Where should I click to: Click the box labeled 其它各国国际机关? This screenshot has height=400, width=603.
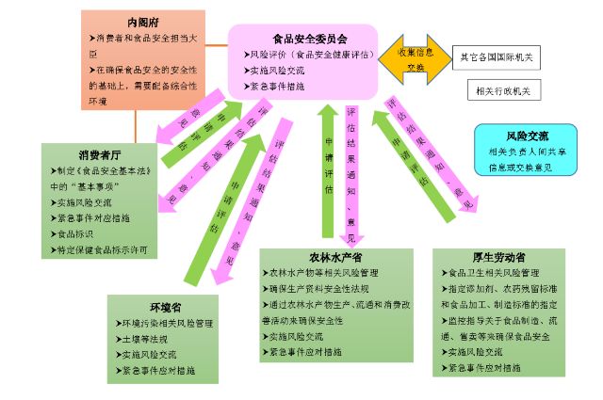pos(496,57)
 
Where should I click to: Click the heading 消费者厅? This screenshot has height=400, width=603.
pos(96,154)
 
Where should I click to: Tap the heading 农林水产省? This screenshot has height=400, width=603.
pos(335,257)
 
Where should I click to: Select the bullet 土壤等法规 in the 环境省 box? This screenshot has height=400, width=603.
pos(142,339)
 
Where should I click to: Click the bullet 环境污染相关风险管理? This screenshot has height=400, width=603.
pos(165,323)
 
